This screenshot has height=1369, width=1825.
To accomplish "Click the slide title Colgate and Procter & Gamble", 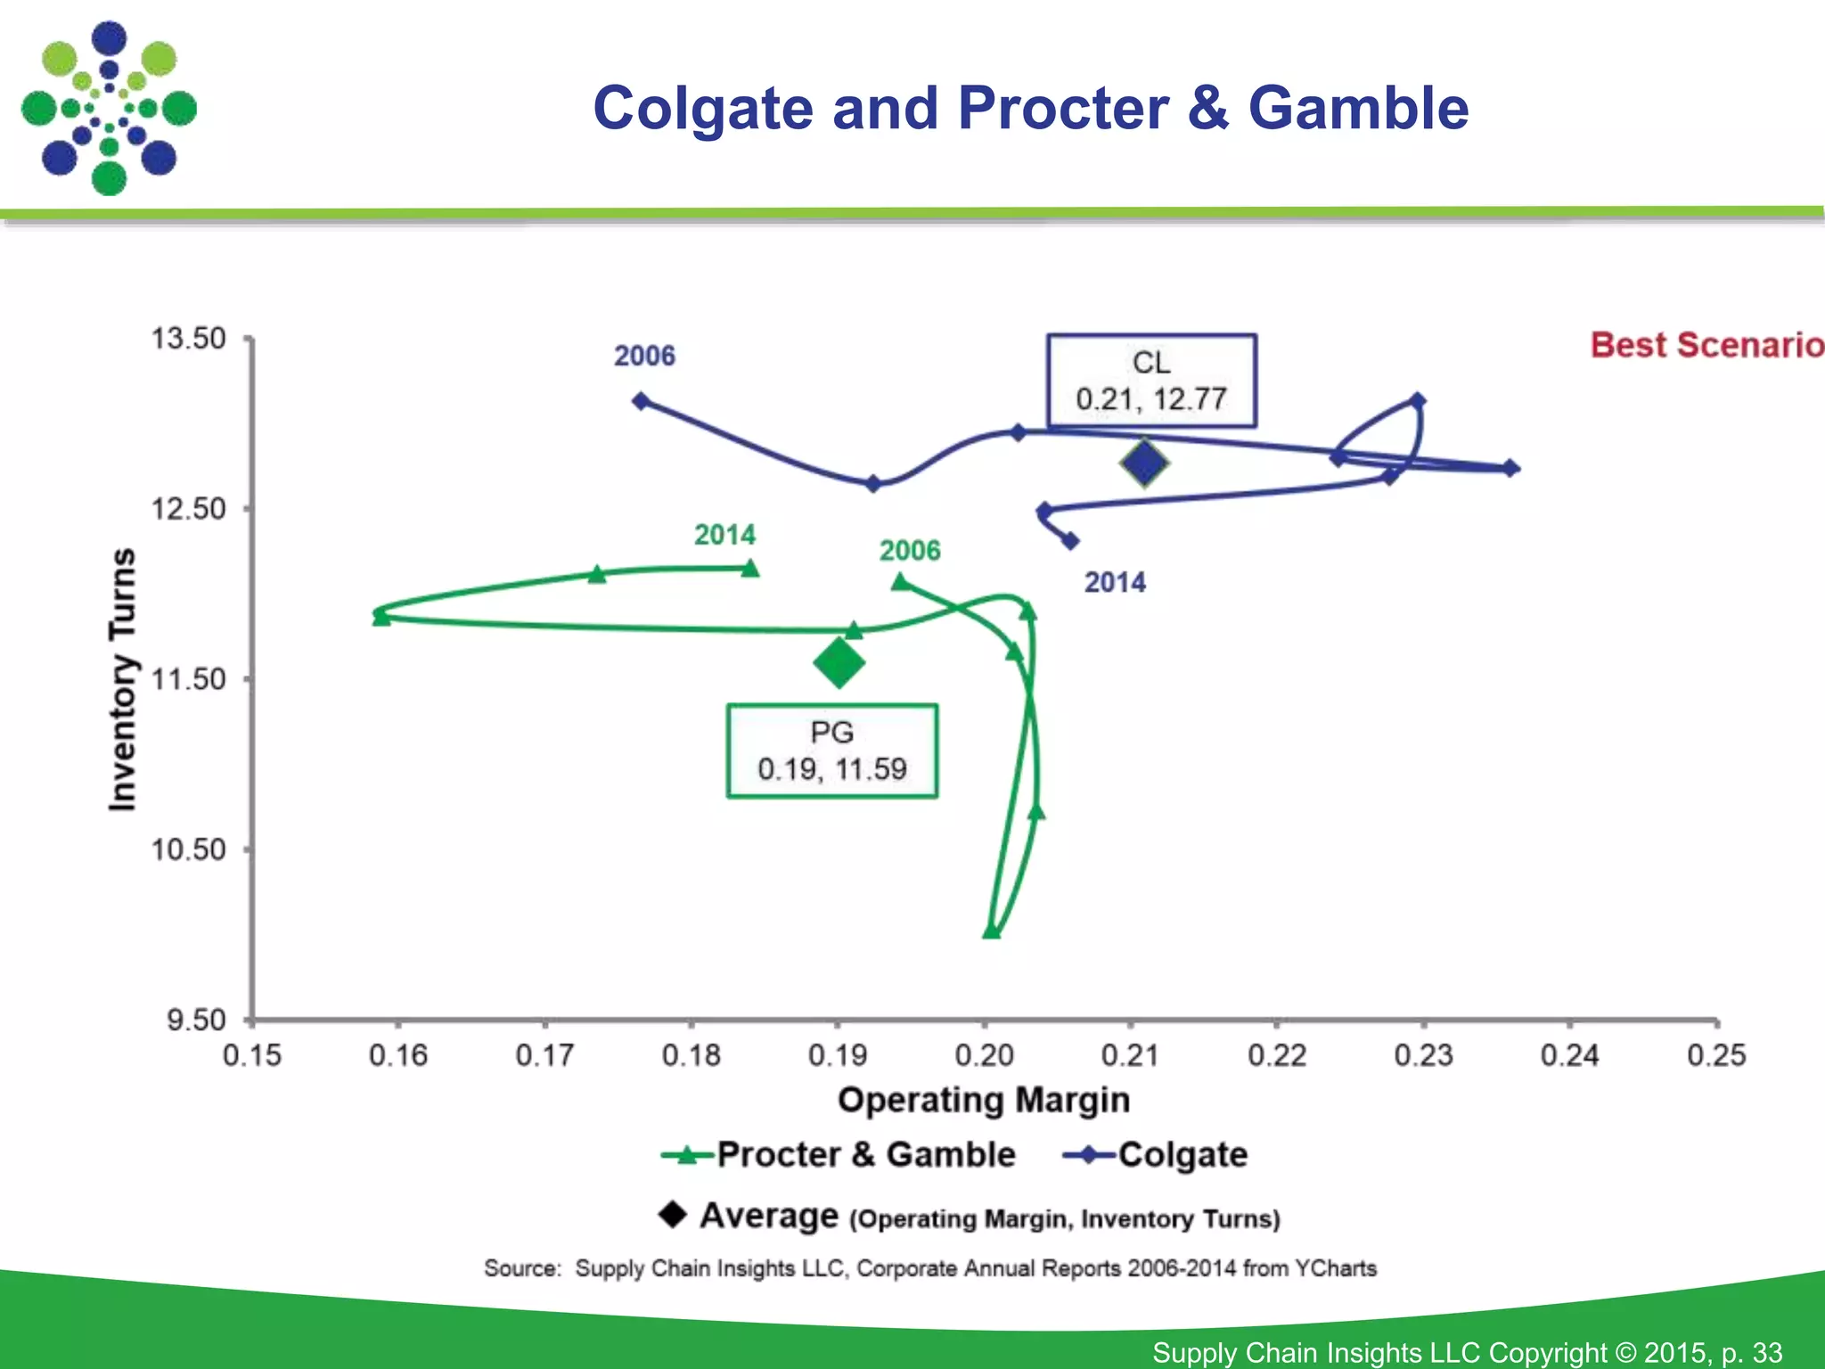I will (1030, 108).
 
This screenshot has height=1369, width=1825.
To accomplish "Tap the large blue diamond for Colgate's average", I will (1144, 463).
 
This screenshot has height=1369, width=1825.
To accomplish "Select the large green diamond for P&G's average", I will (839, 662).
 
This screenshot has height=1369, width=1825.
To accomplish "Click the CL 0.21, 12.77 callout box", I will (1151, 381).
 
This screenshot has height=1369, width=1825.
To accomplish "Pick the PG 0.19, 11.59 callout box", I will (831, 751).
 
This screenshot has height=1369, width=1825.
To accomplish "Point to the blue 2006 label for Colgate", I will (644, 356).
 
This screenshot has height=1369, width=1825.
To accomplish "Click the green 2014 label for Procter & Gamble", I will (724, 535).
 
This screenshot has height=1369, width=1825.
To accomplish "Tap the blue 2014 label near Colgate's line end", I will (1115, 582).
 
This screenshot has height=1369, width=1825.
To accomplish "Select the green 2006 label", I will (910, 550).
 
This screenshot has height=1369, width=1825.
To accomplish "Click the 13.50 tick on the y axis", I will (189, 339).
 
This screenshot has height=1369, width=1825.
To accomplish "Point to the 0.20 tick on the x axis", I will (984, 1055).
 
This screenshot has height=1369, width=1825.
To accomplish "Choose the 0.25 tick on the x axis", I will (1715, 1055).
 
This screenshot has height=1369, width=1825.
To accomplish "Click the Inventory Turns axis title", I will (122, 679).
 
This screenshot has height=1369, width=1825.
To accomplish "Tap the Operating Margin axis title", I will (984, 1099).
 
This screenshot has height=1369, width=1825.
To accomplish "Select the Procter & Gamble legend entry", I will (838, 1155).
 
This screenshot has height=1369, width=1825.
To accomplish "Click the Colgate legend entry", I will (1156, 1155).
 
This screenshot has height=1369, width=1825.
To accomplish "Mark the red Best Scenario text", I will (1706, 345).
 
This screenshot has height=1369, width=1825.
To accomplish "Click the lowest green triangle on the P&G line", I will (991, 931).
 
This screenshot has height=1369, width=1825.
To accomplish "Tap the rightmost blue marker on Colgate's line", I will (1510, 468).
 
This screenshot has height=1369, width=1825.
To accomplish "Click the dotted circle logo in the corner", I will (109, 109).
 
